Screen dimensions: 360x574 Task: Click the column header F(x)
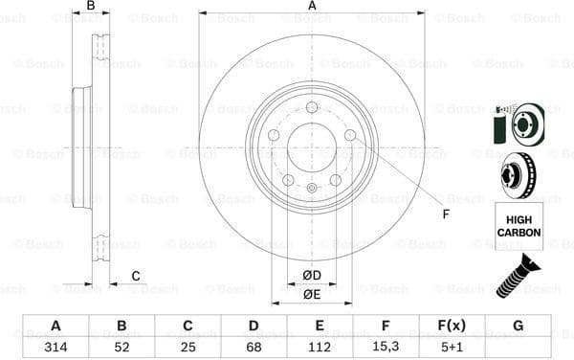point(452,326)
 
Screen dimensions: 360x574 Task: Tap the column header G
point(518,326)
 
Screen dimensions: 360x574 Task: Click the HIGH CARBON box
point(518,226)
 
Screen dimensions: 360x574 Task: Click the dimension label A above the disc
point(312,7)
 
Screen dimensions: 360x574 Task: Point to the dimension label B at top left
point(91,7)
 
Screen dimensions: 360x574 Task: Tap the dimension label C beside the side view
point(136,276)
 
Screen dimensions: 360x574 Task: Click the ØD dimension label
point(312,277)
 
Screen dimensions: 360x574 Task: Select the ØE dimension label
point(312,295)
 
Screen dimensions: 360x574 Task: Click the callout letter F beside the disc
point(445,213)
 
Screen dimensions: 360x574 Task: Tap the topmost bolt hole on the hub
point(312,107)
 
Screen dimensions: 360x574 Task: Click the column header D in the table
point(254,326)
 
